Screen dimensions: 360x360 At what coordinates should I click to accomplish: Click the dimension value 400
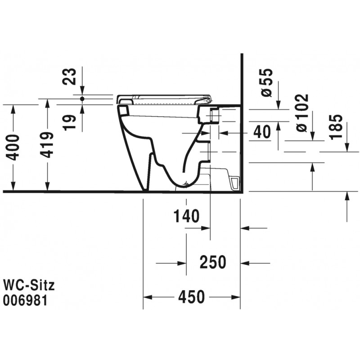click(x=12, y=148)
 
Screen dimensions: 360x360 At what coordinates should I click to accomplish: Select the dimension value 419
click(x=47, y=145)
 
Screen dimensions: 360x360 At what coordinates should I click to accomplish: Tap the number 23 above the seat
click(x=69, y=76)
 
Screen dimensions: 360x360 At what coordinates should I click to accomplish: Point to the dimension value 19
click(x=69, y=122)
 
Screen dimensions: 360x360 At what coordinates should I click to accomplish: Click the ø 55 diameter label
click(x=267, y=83)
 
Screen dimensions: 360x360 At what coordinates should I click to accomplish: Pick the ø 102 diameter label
click(x=301, y=113)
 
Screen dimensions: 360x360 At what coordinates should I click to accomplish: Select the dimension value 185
click(x=336, y=127)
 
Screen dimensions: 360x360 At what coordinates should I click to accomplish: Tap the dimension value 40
click(x=262, y=132)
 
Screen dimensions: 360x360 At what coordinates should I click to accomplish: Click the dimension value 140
click(x=186, y=216)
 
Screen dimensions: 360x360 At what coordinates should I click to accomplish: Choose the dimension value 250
click(x=213, y=262)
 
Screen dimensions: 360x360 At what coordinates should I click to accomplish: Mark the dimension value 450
click(x=192, y=297)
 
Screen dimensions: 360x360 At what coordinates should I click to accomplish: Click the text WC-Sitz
click(x=29, y=285)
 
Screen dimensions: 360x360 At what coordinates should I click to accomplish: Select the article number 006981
click(x=25, y=300)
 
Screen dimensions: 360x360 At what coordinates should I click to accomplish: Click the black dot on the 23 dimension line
click(x=82, y=99)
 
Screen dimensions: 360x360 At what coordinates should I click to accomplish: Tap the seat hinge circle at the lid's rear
click(x=208, y=100)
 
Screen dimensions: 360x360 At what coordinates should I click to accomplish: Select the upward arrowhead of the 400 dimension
click(x=13, y=109)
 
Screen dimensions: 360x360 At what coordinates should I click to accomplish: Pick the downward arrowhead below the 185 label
click(x=346, y=147)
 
